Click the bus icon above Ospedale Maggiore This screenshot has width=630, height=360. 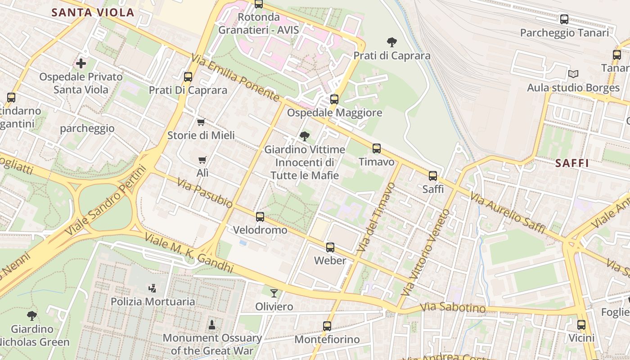point(334,99)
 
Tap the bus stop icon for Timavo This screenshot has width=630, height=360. point(376,148)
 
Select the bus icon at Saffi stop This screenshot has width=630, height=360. point(433,176)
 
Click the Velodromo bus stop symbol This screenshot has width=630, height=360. point(260,217)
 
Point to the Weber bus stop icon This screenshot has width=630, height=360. point(330,247)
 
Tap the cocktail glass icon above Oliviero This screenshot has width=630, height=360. point(274,293)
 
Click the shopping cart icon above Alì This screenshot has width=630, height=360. point(202,160)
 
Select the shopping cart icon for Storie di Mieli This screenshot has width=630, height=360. point(201,122)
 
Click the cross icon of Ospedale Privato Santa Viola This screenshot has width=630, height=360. point(81,63)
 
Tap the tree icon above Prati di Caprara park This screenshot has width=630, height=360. point(392,43)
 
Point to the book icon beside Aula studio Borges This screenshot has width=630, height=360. point(573,74)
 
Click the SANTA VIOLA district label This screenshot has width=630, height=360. point(93,13)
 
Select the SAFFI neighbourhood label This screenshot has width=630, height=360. point(572,163)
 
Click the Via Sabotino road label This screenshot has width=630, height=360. point(453,308)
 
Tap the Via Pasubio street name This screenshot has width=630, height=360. point(205,193)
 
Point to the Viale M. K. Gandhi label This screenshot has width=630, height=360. point(189,253)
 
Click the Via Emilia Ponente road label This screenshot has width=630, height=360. point(235,77)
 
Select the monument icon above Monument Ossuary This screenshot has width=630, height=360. point(212,324)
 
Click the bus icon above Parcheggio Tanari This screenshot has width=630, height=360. point(564,19)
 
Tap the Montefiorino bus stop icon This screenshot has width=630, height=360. point(327,326)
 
